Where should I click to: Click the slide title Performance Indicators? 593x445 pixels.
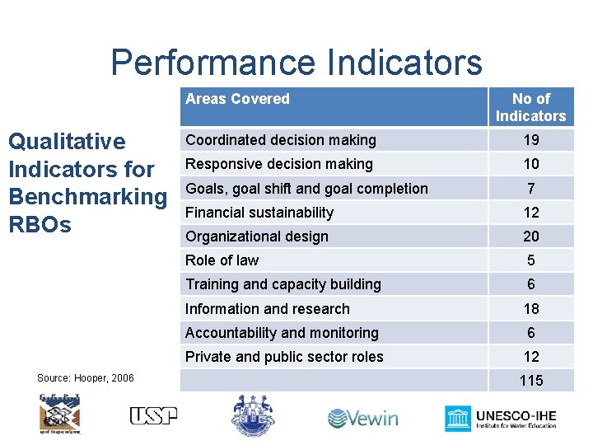point(296,63)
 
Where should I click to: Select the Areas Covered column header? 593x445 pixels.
point(237,99)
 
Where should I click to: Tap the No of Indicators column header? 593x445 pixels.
point(531,107)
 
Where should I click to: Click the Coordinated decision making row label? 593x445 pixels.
point(280,140)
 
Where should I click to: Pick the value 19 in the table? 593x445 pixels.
point(531,140)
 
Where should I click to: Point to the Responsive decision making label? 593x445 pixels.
point(278,164)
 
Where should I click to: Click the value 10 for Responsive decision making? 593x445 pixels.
point(531,164)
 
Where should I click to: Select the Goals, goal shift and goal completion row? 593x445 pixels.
point(306,188)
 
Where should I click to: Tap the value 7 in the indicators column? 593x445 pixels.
point(531,188)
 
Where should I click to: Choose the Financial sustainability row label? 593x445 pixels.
point(259,213)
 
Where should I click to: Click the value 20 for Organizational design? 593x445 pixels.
point(531,237)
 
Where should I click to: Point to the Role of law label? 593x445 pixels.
point(222,260)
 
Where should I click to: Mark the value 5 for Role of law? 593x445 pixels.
point(531,260)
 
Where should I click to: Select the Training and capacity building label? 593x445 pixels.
point(282,284)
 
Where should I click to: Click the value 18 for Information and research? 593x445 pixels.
point(531,309)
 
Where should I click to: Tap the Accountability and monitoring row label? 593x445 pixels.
point(282,333)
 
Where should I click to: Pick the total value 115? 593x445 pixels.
point(531,381)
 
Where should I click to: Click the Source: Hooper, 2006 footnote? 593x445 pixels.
point(86,378)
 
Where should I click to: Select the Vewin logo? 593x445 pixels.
point(362,418)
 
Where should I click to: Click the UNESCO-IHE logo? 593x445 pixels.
point(500,418)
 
